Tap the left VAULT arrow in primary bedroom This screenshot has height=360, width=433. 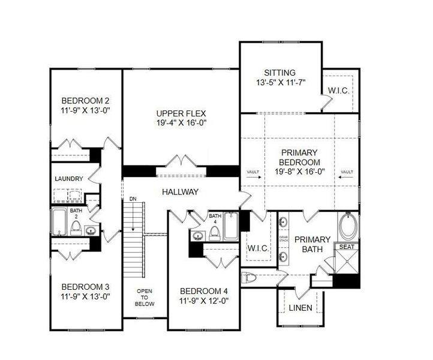pos(252,173)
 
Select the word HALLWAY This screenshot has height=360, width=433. pos(180,192)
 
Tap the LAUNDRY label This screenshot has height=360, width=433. pos(68,179)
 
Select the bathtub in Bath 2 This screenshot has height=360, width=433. pos(59,221)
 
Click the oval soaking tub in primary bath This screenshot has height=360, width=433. pos(347,229)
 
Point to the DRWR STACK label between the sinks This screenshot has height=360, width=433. pos(284,238)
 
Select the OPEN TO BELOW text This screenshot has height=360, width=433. pos(145,298)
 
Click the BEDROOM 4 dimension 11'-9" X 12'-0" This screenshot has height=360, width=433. pos(204,301)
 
